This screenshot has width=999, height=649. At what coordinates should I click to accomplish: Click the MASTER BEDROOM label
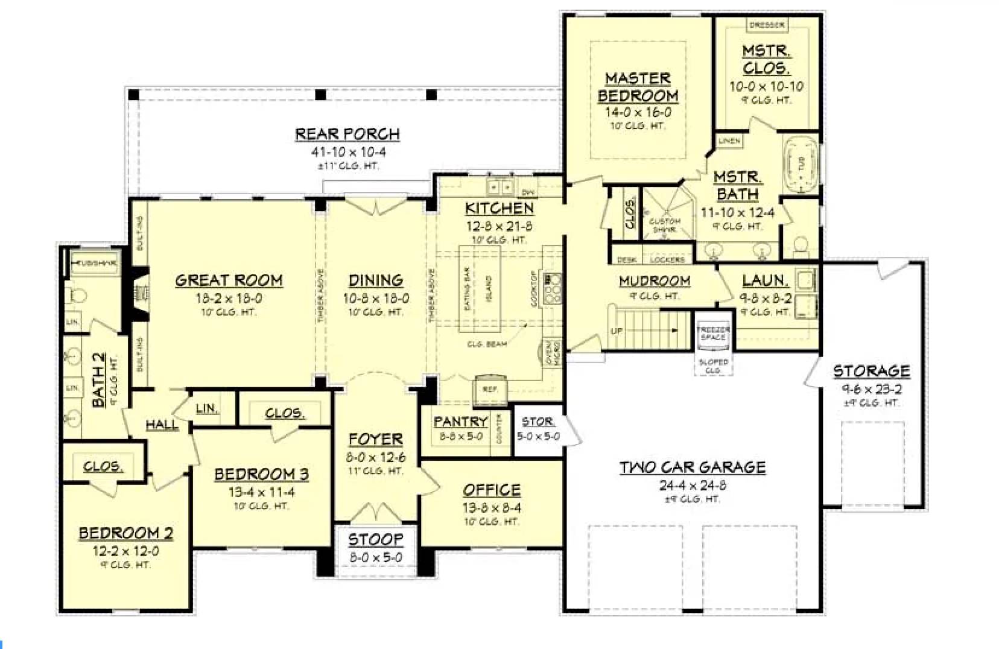coord(638,87)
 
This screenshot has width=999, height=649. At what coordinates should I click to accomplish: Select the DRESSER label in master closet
coord(767,25)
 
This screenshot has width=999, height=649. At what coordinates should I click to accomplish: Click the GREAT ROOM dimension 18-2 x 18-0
coord(229,298)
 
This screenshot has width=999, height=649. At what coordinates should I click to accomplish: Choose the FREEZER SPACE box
coord(713,334)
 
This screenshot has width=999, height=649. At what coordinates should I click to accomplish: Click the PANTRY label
coord(461,422)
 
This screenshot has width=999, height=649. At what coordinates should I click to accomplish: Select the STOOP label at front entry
coord(375,539)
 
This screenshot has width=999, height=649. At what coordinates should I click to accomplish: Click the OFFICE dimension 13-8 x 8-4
coord(492,507)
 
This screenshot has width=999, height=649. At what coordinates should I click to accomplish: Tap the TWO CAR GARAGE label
coord(693,467)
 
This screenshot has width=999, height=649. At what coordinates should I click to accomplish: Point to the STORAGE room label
coord(871,371)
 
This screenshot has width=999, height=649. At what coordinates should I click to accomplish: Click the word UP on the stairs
coord(617,331)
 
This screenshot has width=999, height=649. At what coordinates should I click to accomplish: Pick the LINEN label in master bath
coord(729,141)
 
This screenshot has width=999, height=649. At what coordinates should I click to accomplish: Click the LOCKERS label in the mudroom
coord(667,259)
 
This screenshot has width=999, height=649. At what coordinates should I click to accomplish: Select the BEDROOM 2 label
coord(126,533)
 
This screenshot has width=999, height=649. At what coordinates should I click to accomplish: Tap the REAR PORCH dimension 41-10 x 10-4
coord(348,152)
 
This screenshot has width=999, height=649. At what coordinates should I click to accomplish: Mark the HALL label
coord(162,425)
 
